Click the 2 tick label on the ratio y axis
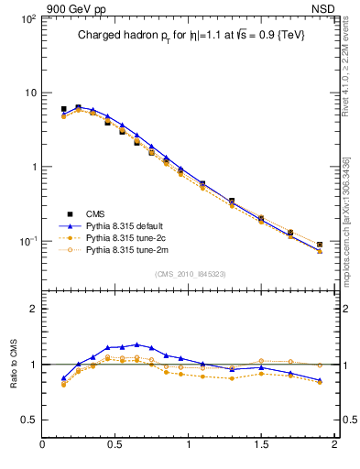32,310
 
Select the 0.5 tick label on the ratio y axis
27,420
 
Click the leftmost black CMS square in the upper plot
63,109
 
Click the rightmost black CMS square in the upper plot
320,245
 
